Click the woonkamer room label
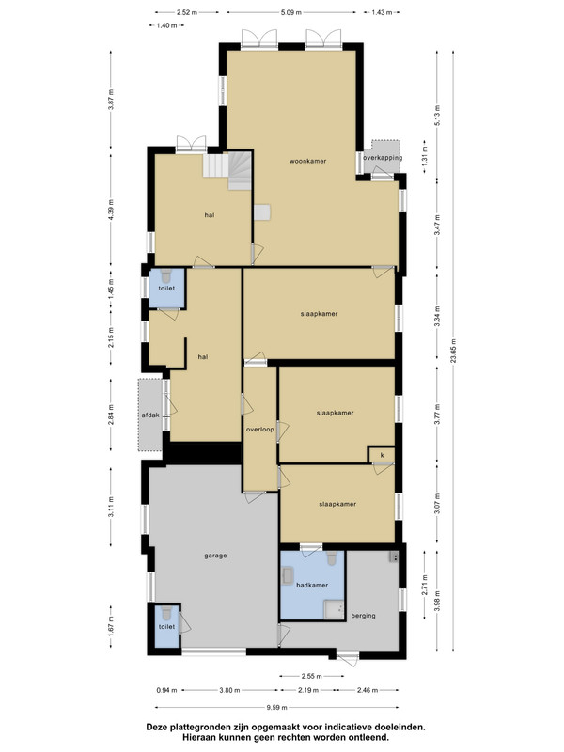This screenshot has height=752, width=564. click(308, 161)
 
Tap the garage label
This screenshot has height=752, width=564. click(215, 556)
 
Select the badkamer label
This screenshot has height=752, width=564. click(312, 585)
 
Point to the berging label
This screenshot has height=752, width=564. click(363, 616)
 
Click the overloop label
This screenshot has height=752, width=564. click(260, 430)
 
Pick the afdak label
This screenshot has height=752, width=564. click(150, 415)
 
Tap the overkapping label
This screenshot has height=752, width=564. click(383, 158)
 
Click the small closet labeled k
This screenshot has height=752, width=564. click(383, 455)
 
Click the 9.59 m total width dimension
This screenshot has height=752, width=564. click(277, 707)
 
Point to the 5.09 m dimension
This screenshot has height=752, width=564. click(291, 12)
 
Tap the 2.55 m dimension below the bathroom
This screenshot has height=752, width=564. click(312, 676)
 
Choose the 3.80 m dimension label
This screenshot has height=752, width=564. click(229, 690)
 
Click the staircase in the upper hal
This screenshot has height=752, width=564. click(227, 170)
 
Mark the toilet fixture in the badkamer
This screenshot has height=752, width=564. click(332, 557)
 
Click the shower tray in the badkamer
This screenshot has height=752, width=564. click(335, 609)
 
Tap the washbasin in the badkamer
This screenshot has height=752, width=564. click(288, 576)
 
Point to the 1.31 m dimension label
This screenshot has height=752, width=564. click(425, 157)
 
